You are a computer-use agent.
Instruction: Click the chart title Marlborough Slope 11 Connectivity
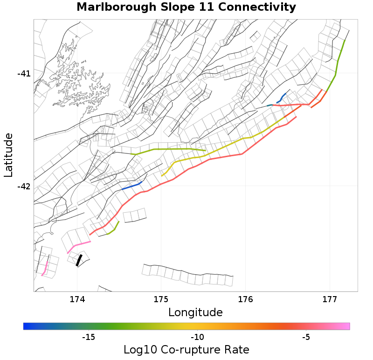click(186, 7)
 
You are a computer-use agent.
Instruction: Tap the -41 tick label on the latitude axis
click(24, 74)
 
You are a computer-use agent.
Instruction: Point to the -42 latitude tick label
click(24, 187)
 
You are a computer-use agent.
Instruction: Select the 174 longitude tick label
click(76, 299)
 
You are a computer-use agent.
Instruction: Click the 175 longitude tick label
click(161, 299)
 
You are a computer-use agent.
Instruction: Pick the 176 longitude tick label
click(245, 299)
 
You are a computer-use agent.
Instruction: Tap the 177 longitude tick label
click(330, 299)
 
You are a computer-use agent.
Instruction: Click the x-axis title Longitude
click(195, 312)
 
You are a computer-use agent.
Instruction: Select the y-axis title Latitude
click(8, 155)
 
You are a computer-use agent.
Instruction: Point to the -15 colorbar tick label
click(89, 337)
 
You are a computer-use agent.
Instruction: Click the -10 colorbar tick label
click(197, 337)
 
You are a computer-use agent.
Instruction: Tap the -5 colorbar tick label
click(306, 337)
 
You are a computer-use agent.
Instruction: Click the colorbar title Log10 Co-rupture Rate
click(186, 350)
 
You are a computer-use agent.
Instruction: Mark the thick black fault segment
click(79, 260)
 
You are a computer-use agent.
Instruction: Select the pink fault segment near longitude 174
click(78, 245)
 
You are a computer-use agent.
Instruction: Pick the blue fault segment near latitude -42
click(131, 187)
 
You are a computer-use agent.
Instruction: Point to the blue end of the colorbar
click(27, 326)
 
